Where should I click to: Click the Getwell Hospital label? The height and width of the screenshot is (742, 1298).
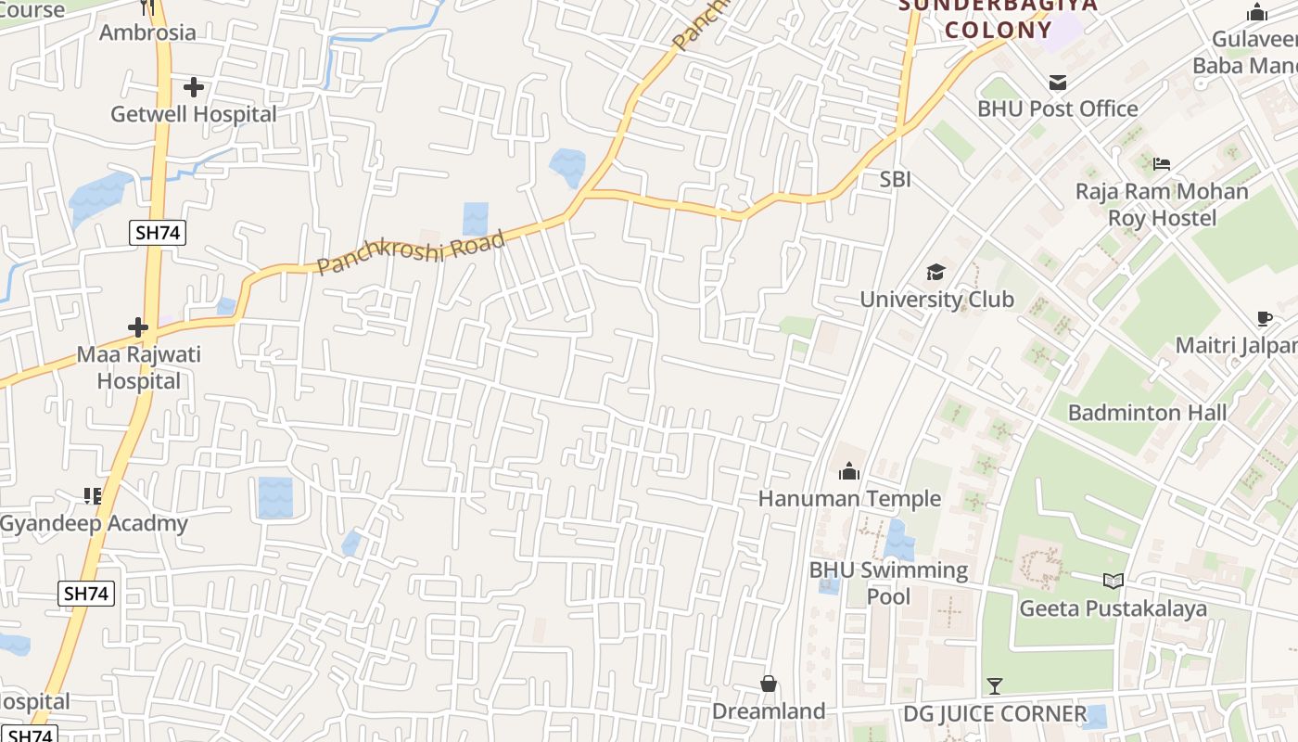[193, 114]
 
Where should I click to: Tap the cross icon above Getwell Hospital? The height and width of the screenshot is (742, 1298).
[193, 87]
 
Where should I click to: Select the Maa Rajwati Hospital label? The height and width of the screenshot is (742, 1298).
[138, 367]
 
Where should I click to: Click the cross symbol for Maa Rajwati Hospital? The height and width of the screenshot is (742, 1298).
[138, 327]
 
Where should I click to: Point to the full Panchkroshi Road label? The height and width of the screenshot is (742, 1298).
[412, 252]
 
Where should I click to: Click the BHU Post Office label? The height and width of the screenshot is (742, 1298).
[1057, 109]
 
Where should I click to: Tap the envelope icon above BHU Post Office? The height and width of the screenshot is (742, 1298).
[1057, 82]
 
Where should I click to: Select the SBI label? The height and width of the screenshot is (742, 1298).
[895, 179]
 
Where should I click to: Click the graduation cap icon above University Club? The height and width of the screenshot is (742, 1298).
[935, 272]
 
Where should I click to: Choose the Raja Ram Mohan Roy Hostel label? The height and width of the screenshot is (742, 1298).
[1162, 204]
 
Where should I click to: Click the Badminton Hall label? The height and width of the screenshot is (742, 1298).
[1147, 413]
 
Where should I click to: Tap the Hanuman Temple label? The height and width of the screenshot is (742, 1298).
[849, 499]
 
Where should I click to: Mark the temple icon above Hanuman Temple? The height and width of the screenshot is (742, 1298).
[849, 472]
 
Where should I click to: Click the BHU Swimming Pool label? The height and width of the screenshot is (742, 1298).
[888, 582]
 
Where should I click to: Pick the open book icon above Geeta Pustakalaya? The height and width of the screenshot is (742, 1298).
[1113, 582]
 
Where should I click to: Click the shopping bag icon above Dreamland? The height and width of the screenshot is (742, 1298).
[769, 684]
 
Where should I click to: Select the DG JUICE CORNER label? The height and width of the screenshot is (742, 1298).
[995, 714]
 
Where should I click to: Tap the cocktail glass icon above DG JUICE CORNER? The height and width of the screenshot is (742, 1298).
[995, 686]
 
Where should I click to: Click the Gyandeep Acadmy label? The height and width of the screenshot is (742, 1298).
[94, 523]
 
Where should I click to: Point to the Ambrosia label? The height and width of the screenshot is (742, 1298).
[147, 32]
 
